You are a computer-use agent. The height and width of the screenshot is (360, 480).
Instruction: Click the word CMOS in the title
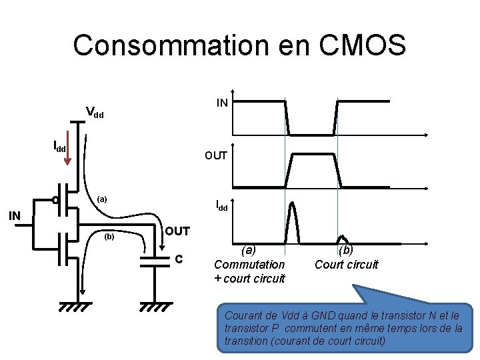point(364,45)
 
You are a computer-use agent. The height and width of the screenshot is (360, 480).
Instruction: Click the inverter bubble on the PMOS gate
point(57,199)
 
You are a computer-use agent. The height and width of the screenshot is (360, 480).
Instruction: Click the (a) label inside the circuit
point(101,199)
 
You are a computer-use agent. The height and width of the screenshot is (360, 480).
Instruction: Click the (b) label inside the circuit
point(109,236)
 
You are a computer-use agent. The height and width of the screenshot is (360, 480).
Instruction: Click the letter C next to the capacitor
point(178,259)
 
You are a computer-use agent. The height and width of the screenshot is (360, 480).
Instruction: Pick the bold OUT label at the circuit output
point(178,231)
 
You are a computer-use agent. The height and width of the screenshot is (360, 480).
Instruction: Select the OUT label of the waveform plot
point(216,155)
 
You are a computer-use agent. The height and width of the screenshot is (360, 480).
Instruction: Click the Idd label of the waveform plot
point(221,207)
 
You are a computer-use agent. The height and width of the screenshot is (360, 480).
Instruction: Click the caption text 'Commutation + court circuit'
point(249,271)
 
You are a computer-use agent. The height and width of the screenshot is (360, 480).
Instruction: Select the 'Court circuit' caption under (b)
point(346,265)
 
